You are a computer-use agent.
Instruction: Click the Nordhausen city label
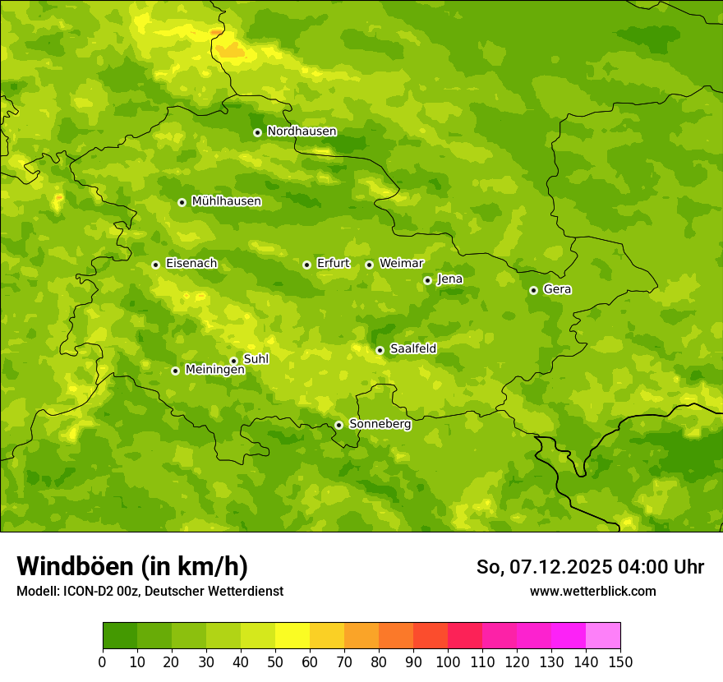tap(302, 131)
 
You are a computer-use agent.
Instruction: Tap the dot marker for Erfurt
tap(306, 265)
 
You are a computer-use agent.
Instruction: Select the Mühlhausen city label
tap(226, 201)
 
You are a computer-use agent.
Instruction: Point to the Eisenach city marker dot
tap(155, 265)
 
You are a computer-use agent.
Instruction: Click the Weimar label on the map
tap(401, 264)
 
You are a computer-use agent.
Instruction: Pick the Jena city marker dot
tap(427, 280)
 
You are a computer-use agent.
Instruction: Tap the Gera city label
tap(557, 289)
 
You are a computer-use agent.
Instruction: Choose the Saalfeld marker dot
tap(380, 350)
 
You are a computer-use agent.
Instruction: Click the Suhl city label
tap(256, 359)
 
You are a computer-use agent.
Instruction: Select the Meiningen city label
tap(214, 370)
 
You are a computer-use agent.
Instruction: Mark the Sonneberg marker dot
tap(338, 425)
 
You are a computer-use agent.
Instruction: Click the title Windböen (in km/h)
tap(132, 566)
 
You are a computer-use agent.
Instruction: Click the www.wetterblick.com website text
tap(592, 591)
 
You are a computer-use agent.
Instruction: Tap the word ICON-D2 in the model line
tap(90, 592)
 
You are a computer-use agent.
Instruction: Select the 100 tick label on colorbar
tap(448, 661)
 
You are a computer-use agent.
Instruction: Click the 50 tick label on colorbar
tap(275, 661)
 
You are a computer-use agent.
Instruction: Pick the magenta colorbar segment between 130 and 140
tap(569, 636)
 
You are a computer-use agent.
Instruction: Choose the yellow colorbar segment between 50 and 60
tap(292, 636)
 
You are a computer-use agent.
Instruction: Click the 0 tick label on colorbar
tap(103, 661)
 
